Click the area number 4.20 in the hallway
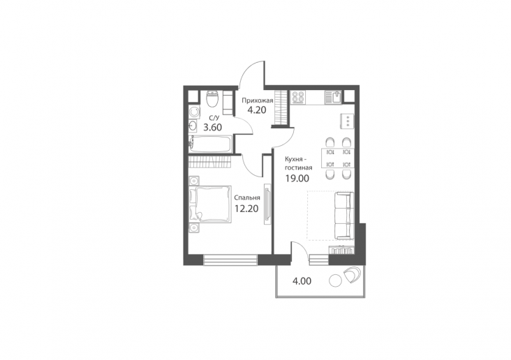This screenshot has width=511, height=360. coord(257,110)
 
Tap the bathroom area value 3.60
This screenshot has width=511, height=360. coord(212,128)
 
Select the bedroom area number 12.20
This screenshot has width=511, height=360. coord(246,209)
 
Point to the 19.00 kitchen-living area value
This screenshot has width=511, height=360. coord(297,178)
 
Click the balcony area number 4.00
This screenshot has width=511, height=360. coord(302,281)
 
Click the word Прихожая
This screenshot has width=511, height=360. coord(257,100)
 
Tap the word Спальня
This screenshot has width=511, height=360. coord(247,197)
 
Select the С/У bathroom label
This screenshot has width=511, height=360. coord(214,118)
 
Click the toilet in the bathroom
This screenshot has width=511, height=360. coord(213,99)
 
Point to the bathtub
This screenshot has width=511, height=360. coord(211,144)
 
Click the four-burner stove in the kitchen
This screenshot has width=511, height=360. coord(298,97)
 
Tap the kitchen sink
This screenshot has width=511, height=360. coord(334,97)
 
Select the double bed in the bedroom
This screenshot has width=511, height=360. coord(211,204)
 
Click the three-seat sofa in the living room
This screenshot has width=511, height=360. coord(344,216)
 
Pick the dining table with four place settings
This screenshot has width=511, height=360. coord(338,158)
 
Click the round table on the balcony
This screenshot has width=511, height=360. coord(335,280)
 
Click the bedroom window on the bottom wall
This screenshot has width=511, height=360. coord(230,260)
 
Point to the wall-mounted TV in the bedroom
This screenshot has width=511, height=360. coord(267,204)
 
